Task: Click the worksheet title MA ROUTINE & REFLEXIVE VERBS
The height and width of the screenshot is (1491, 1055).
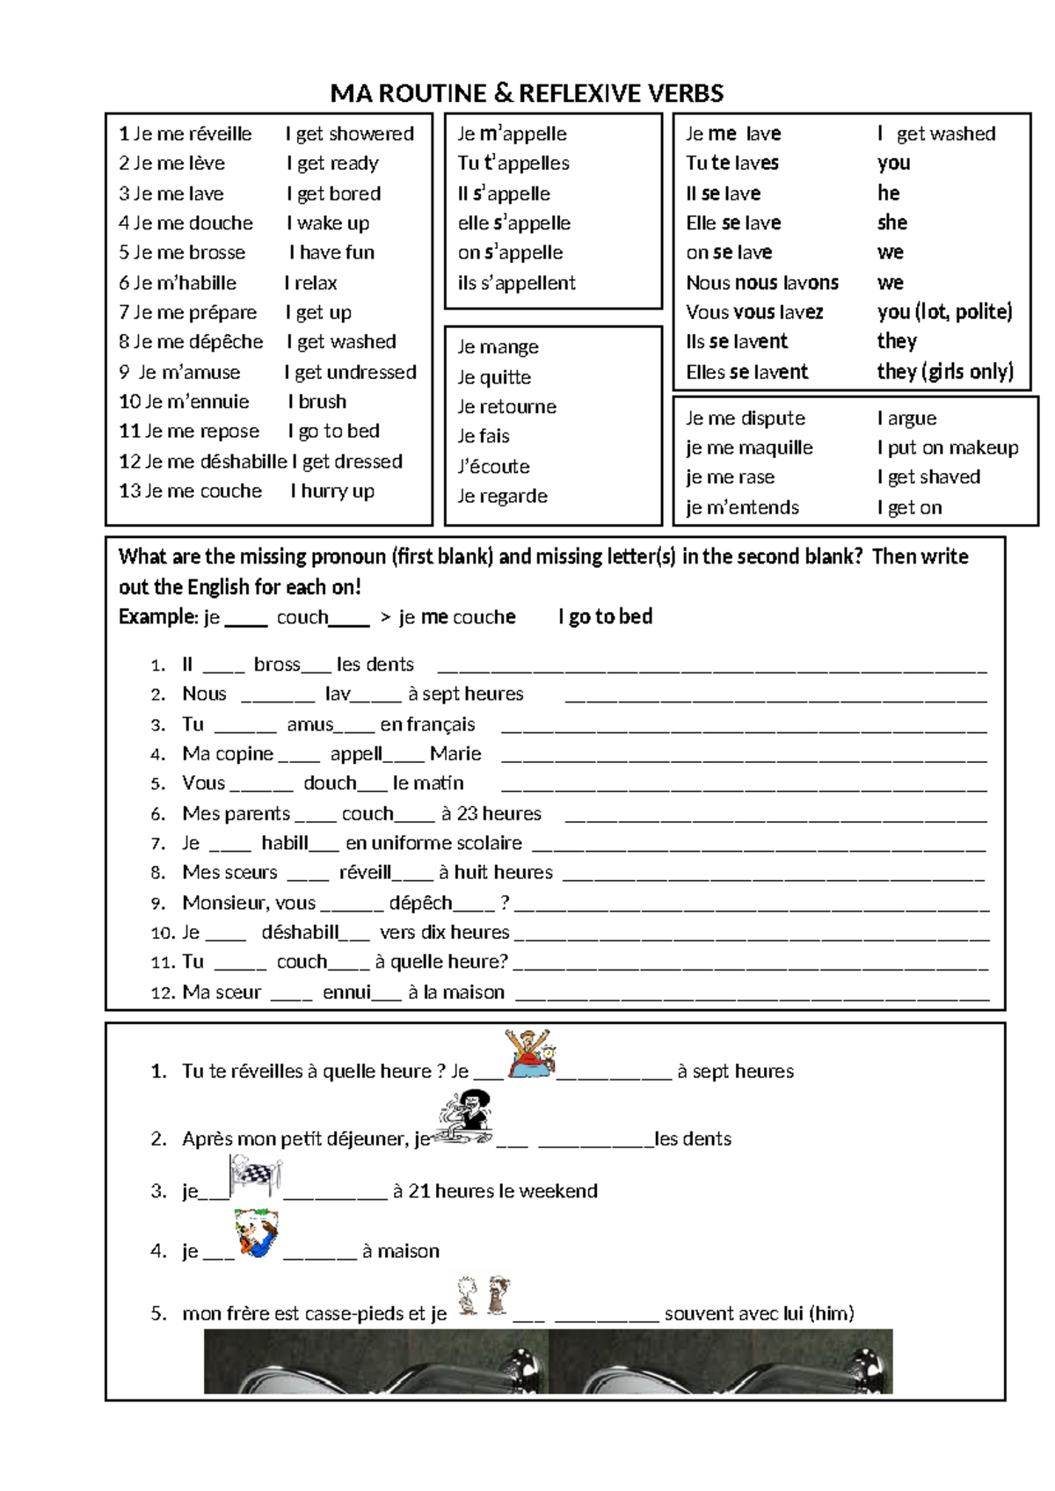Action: tap(527, 93)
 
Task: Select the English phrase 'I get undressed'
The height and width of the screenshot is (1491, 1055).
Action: tap(350, 372)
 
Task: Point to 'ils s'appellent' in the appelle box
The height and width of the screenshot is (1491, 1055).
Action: tap(516, 283)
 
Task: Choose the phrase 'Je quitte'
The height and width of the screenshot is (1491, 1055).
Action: tap(494, 377)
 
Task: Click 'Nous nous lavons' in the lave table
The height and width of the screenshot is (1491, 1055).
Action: tap(761, 283)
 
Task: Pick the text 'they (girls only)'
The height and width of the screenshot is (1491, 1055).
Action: tap(945, 372)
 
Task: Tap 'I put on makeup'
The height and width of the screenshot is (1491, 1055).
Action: tap(948, 447)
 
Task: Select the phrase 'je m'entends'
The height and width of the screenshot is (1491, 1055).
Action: tap(742, 507)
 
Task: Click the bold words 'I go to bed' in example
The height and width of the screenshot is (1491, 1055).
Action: tap(605, 617)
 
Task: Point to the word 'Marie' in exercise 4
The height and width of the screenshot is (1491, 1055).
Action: tap(455, 754)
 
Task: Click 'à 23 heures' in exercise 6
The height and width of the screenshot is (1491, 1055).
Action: tap(491, 814)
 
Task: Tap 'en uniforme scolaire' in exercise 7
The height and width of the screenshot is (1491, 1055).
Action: tap(433, 844)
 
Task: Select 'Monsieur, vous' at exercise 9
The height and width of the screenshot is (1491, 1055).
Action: tap(249, 903)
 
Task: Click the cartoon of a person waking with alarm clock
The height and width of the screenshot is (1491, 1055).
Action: tap(530, 1053)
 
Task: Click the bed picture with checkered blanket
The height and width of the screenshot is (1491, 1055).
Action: tap(255, 1176)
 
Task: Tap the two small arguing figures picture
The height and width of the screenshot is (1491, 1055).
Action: tap(483, 1296)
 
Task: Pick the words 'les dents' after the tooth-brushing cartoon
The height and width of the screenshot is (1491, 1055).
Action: tap(693, 1139)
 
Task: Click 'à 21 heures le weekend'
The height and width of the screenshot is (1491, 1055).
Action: tap(495, 1191)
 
